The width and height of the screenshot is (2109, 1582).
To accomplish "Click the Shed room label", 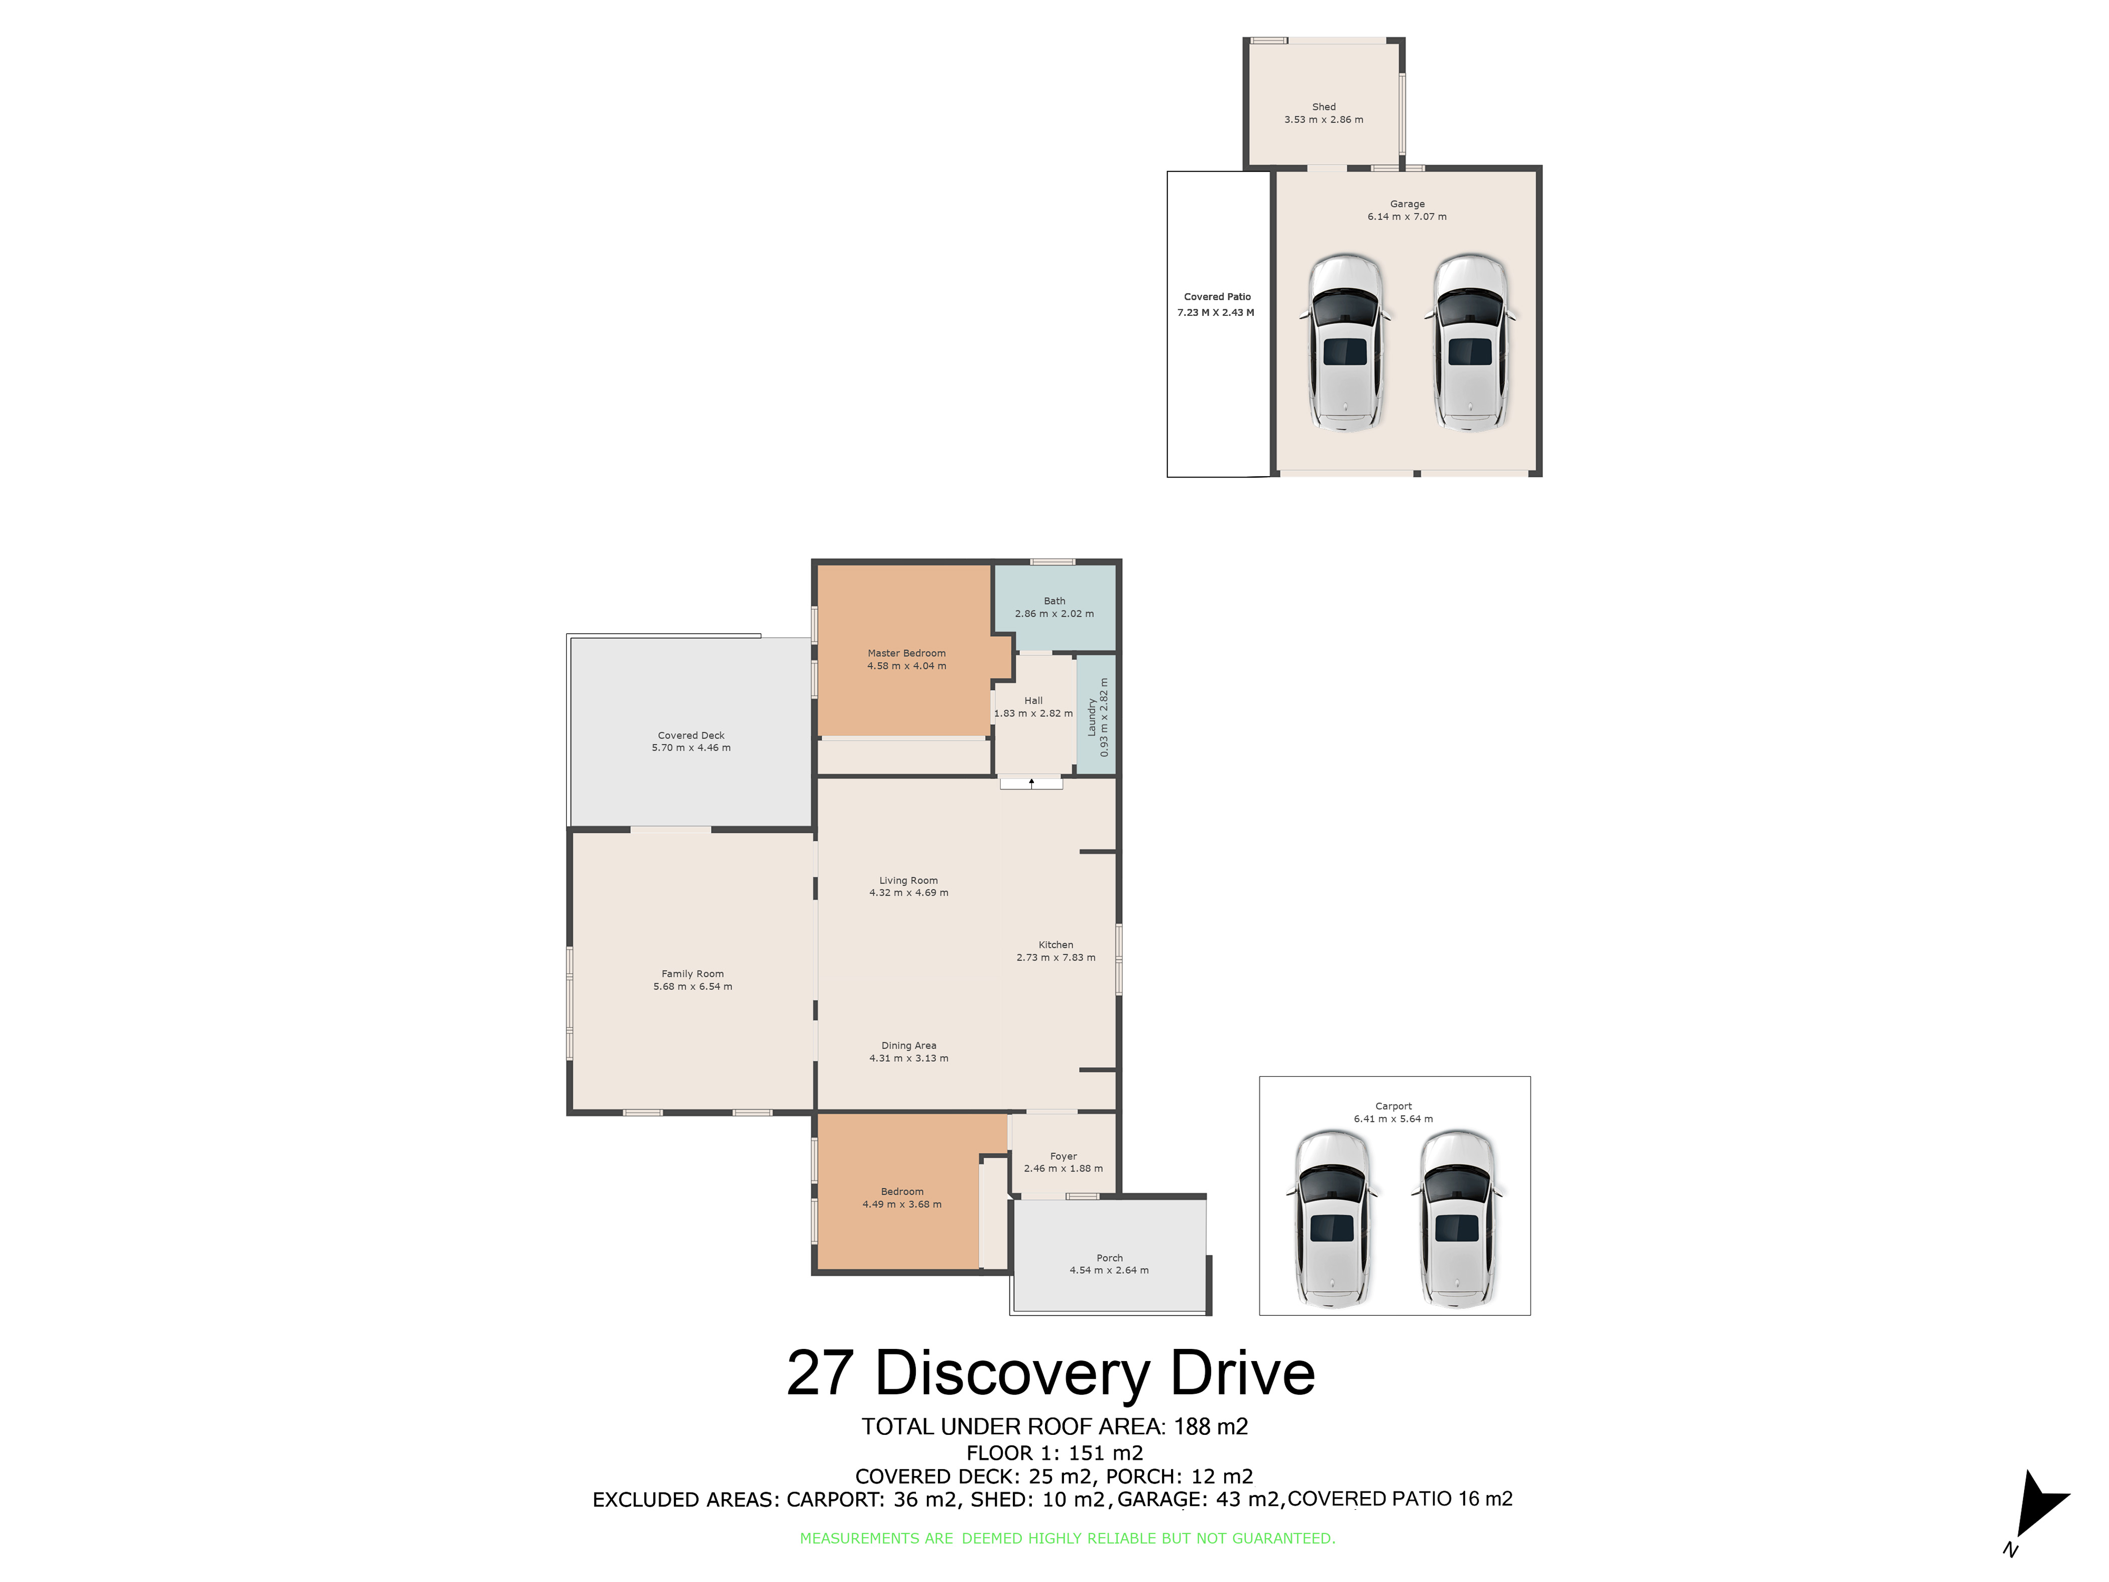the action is tap(1323, 107).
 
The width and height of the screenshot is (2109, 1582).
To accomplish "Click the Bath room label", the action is tap(1054, 601).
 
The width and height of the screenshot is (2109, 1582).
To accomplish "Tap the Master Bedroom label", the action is tap(907, 653).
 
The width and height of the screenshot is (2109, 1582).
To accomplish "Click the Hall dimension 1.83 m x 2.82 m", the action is tap(1033, 713).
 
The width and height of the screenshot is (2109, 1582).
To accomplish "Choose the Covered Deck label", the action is tap(691, 735).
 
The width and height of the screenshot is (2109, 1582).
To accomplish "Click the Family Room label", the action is tap(692, 974).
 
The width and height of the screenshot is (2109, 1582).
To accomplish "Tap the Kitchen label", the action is tap(1056, 944).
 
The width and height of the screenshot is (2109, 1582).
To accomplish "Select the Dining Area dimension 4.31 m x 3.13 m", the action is tap(908, 1058).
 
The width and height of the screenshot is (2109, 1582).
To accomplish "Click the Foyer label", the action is tap(1063, 1156).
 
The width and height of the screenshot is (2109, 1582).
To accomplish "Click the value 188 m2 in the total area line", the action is tap(1211, 1427).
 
